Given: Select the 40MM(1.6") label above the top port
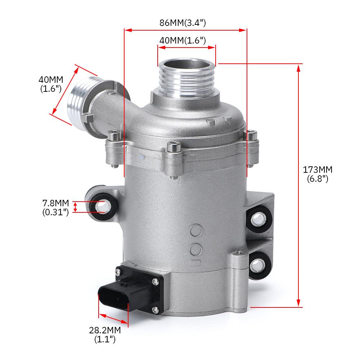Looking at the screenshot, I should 183,40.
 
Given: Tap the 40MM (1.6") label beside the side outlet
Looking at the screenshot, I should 51,84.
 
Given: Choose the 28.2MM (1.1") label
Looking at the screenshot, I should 105,334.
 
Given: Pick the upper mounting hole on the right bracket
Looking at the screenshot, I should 258,218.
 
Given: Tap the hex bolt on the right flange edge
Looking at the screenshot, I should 251,135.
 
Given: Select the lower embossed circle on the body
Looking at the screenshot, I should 196,248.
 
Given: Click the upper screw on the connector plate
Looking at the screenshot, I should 155,282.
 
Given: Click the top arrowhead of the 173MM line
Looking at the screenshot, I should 298,67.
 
